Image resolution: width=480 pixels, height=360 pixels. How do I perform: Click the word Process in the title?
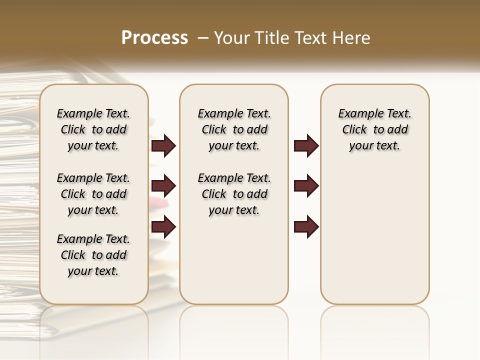pos(154,37)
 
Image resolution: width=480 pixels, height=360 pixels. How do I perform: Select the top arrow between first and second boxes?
pos(163,146)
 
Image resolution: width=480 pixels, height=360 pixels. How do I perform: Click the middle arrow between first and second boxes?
pos(163,186)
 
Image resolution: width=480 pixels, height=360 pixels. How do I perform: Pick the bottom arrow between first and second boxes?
pos(163,226)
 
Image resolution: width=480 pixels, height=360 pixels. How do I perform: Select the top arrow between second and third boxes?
pos(306,146)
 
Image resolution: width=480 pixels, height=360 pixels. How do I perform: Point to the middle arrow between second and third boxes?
pos(306,186)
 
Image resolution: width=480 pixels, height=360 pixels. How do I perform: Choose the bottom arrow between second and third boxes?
pos(306,226)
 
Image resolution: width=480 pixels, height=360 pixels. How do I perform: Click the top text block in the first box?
pos(93,129)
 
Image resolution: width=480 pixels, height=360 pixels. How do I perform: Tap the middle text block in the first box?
pos(93,194)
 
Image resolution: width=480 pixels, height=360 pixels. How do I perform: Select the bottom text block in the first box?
pos(93,255)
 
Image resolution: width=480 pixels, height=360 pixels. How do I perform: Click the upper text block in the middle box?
pos(234,129)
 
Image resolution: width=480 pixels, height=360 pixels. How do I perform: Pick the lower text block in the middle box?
pos(234,194)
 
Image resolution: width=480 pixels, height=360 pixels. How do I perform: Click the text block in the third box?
pos(374,129)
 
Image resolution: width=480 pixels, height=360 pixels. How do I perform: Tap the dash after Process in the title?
pos(202,38)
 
